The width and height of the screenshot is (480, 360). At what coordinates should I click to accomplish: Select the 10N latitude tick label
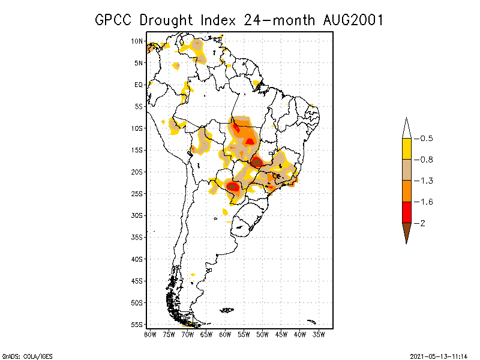pos(137,41)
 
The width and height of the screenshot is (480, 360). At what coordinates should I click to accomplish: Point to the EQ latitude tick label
pos(139,85)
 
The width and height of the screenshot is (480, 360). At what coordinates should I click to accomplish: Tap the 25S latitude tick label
pos(137,193)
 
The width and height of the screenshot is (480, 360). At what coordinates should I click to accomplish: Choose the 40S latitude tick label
pos(137,259)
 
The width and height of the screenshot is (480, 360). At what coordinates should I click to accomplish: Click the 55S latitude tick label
pos(137,324)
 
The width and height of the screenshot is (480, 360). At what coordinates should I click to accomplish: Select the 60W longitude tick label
pos(225,334)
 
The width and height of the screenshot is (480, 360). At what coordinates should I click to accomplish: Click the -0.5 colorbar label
pos(425,139)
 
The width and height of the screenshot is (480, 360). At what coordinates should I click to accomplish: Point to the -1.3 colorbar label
pos(425,181)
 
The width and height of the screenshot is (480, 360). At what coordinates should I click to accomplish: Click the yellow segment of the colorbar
pos(406,149)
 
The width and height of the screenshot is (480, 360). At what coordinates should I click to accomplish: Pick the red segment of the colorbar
pos(406,212)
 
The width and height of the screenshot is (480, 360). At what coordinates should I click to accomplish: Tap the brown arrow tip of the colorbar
pos(406,232)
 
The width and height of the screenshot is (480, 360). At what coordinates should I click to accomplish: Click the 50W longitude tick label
pos(263,334)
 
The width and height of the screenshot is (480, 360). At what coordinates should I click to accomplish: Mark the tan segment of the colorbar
pos(406,170)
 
